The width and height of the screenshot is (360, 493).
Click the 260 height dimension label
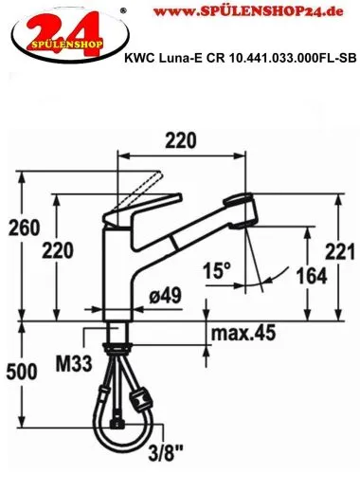[x=24, y=228]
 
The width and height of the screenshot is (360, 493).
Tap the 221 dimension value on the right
[x=340, y=252]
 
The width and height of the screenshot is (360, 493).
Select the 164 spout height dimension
[x=312, y=276]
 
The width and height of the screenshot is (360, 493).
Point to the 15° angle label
[x=217, y=270]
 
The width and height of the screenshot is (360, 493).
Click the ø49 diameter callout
[x=165, y=296]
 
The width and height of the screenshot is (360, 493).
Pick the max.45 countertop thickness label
[x=243, y=333]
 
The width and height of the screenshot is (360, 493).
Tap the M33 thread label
[x=74, y=363]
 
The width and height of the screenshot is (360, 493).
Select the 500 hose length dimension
[x=22, y=372]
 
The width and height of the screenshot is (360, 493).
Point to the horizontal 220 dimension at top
[x=181, y=140]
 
